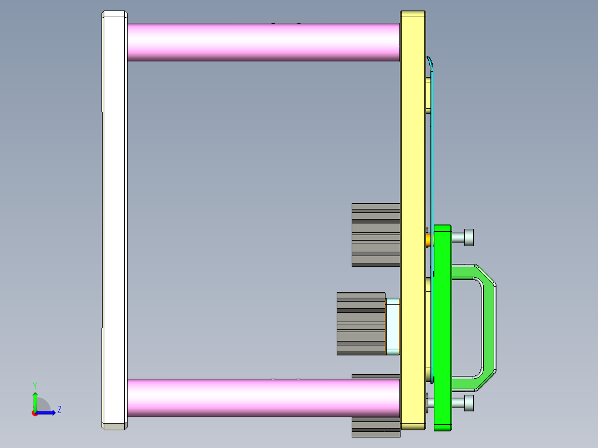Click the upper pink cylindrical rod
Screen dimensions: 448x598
(x=263, y=42)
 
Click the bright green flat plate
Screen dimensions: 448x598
(x=442, y=327)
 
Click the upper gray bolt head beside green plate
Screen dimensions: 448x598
(x=463, y=237)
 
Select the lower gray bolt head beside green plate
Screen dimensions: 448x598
(x=463, y=403)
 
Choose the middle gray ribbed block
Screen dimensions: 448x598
(x=361, y=324)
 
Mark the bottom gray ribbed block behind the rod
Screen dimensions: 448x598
(x=376, y=427)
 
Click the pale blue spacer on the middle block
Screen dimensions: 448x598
(x=393, y=325)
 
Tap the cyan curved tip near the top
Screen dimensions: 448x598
(x=430, y=63)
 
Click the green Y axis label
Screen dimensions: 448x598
(x=35, y=385)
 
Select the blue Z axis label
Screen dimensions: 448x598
(x=59, y=410)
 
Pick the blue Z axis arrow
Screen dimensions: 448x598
(x=49, y=413)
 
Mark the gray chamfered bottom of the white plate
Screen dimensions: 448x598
(x=114, y=426)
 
